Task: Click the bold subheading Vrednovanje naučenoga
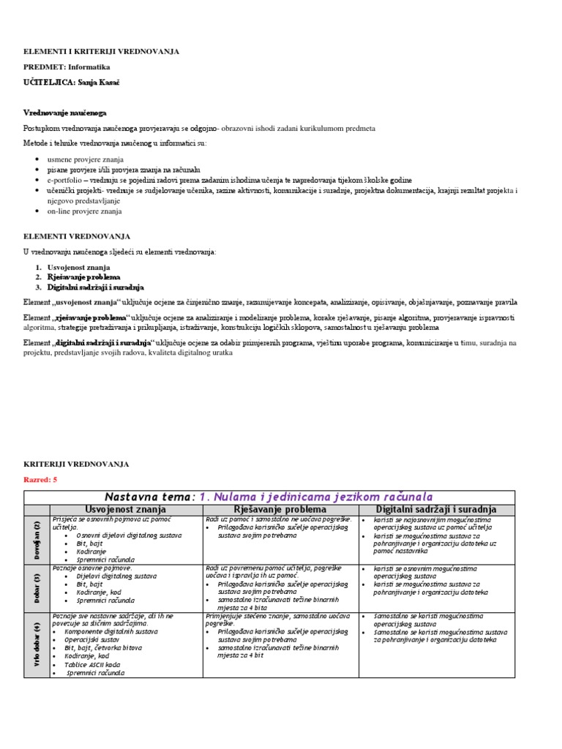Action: pyautogui.click(x=65, y=113)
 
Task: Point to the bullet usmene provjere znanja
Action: pyautogui.click(x=86, y=159)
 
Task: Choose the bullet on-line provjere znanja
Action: pyautogui.click(x=85, y=211)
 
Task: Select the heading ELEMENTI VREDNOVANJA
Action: pyautogui.click(x=77, y=236)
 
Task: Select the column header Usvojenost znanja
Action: pyautogui.click(x=126, y=509)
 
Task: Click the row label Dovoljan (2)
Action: pyautogui.click(x=37, y=539)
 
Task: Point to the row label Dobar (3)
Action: pyautogui.click(x=37, y=587)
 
